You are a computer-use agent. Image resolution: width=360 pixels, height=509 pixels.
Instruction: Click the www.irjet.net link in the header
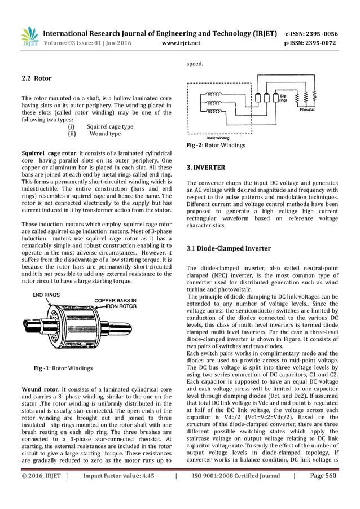[x=179, y=41]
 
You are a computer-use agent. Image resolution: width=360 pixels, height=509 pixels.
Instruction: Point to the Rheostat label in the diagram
[x=323, y=112]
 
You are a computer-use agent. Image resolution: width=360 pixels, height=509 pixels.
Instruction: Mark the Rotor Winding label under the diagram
[x=218, y=137]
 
